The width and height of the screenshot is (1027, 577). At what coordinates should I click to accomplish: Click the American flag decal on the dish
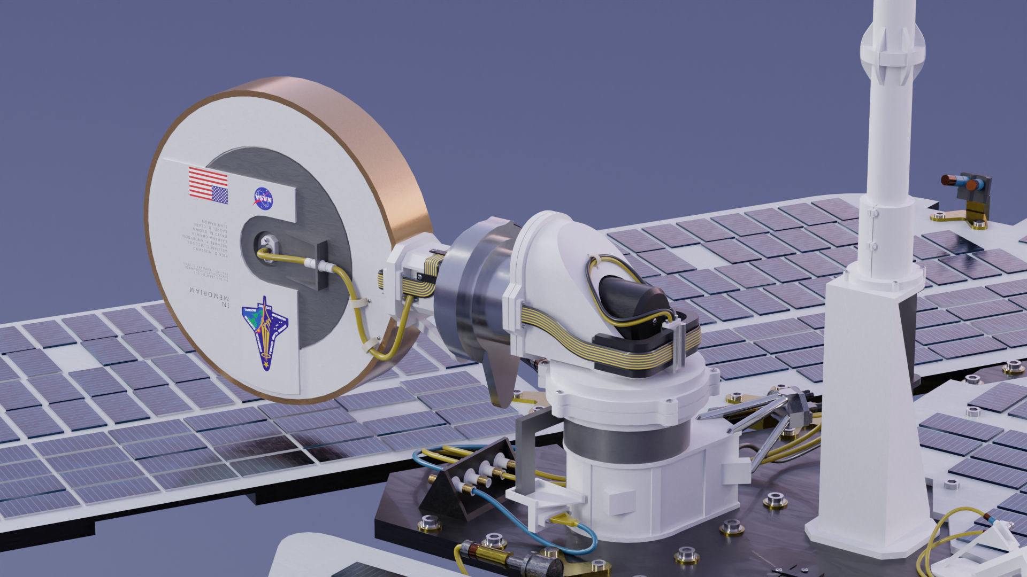coord(208,185)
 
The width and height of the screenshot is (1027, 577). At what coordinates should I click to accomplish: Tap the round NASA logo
coord(263,198)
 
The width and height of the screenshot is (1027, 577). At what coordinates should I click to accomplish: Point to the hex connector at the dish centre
coord(265,243)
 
